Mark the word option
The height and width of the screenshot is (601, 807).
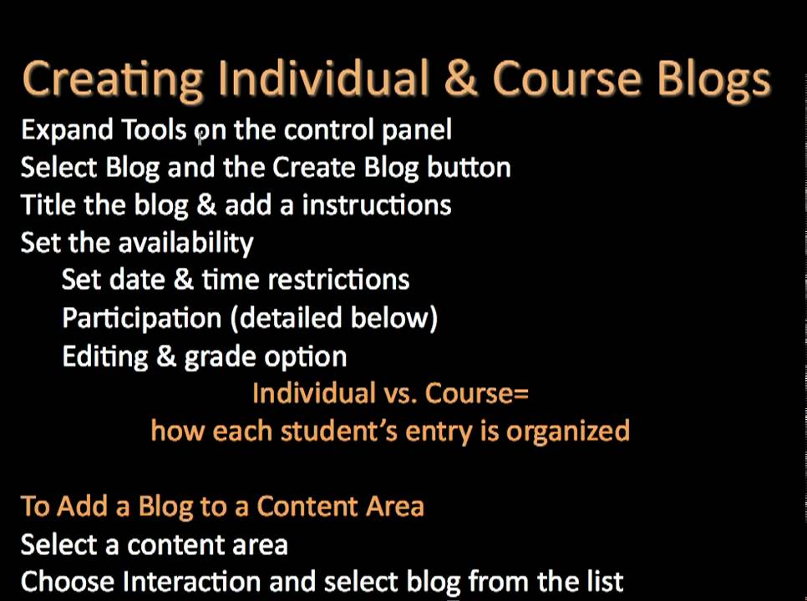tap(305, 357)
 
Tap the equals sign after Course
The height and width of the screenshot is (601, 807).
tap(522, 393)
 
